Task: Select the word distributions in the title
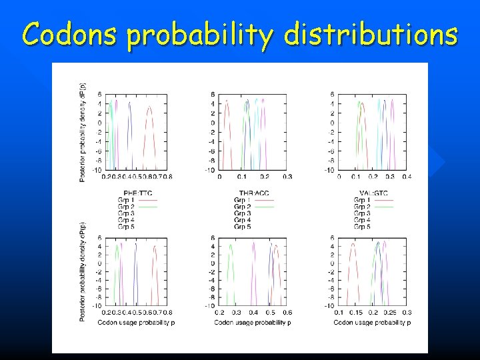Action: (x=371, y=33)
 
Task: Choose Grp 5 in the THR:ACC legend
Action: (x=242, y=227)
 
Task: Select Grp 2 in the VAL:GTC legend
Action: (x=362, y=207)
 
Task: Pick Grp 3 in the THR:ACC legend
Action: (x=242, y=213)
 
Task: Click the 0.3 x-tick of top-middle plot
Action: (x=287, y=177)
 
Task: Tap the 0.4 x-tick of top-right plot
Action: (x=407, y=177)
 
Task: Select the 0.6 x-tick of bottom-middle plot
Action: (x=287, y=312)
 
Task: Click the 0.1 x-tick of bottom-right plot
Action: (x=339, y=312)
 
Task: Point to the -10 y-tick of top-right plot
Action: (x=330, y=170)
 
